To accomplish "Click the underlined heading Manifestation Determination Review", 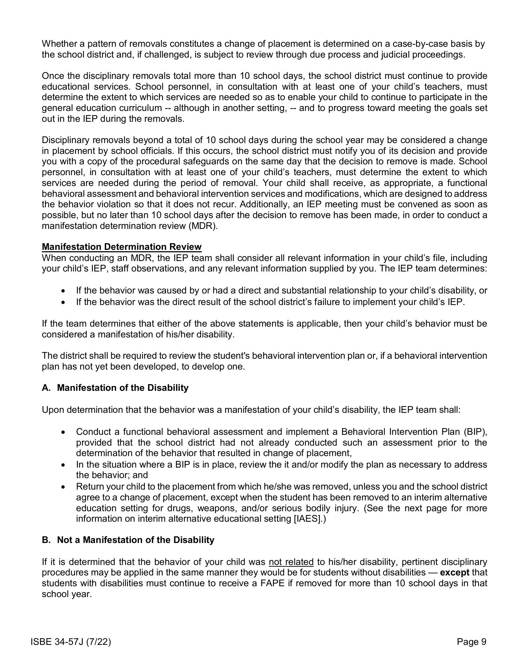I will tap(121, 247).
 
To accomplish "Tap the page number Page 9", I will tap(471, 641).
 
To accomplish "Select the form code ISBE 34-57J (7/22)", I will tap(71, 641).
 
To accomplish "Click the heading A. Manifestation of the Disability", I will tap(115, 388).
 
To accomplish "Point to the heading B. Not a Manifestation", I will tap(128, 540).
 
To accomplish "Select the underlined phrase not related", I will tap(291, 562).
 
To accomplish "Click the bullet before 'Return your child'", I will tap(63, 487).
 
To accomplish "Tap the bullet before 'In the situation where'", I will tap(63, 465).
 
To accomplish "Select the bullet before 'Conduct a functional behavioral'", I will tap(63, 432).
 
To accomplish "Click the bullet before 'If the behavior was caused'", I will tap(63, 291).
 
